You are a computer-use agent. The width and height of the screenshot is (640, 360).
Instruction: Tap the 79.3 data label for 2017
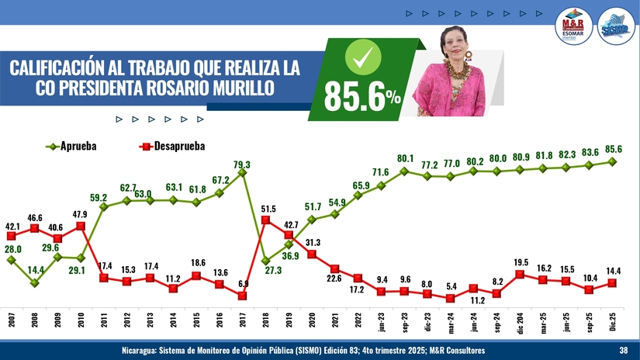[x=242, y=164]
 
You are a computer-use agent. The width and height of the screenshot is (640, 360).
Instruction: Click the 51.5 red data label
[x=268, y=209]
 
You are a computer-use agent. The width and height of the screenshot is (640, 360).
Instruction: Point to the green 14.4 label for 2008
[x=34, y=270]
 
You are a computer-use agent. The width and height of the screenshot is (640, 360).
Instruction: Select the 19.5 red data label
[x=521, y=262]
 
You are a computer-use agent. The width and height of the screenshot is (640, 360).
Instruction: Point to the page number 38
[x=623, y=351]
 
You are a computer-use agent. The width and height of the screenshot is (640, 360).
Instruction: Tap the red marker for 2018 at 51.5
[x=265, y=220]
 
